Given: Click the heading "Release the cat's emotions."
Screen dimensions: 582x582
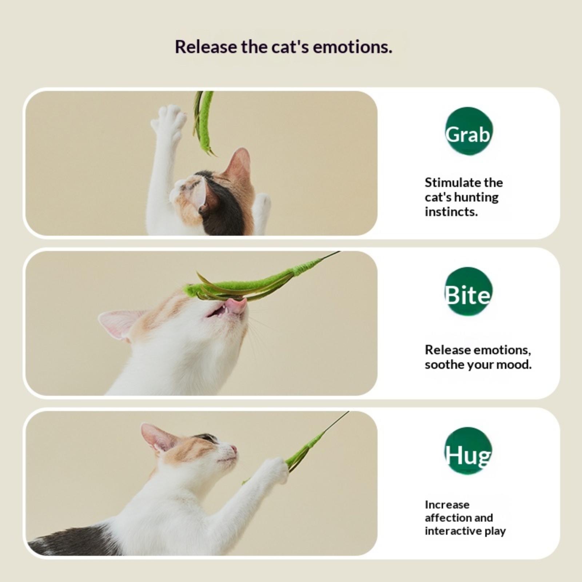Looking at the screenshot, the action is tap(283, 47).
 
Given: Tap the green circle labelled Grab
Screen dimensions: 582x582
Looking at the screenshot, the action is tap(469, 131).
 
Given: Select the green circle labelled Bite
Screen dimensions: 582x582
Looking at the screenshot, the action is tap(469, 291).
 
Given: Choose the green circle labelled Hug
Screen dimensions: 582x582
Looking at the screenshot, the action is tap(469, 451).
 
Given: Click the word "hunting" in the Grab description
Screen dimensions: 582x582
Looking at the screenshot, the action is tap(476, 198).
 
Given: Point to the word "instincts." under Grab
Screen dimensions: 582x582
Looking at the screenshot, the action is tap(451, 212).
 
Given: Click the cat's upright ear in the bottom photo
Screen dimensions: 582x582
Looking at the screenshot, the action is tap(156, 438).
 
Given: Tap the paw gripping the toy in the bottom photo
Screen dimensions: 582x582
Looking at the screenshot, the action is tap(276, 471).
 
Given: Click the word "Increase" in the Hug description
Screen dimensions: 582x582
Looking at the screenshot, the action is tap(447, 505).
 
